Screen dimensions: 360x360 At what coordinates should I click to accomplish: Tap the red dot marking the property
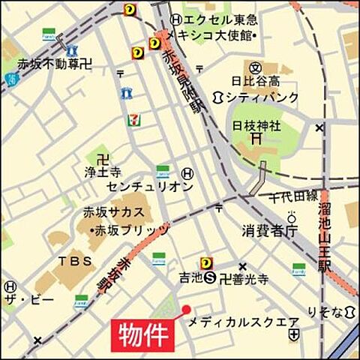pos(187,310)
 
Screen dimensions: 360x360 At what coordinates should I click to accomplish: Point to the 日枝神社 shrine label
pos(256,124)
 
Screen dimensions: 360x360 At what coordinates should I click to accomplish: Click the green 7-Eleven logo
pos(133,119)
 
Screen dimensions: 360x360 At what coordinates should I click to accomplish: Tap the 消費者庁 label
pos(269,229)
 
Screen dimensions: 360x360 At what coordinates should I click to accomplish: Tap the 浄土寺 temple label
pos(103,172)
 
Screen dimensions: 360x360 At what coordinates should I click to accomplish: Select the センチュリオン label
pos(150,185)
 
